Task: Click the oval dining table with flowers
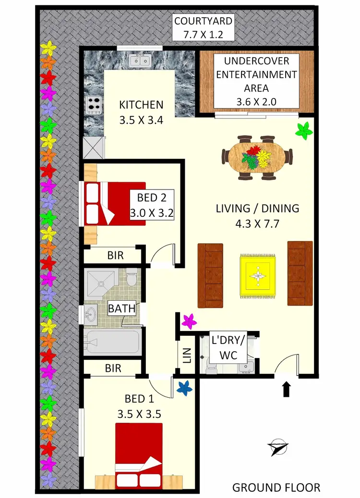click(257, 156)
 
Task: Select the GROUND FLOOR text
click(276, 487)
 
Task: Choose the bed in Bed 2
click(114, 203)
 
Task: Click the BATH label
click(118, 308)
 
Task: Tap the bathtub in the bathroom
click(112, 342)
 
